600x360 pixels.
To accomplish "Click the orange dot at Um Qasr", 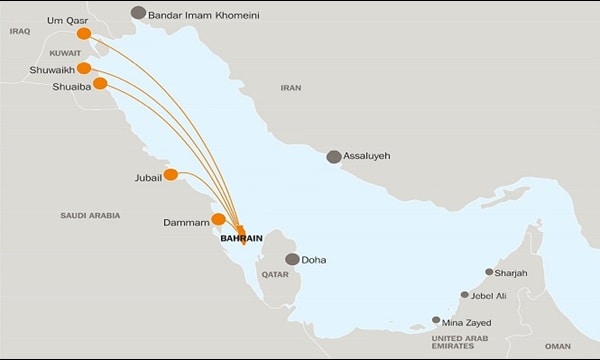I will pos(85,34).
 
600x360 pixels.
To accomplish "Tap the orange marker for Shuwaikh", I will pos(85,68).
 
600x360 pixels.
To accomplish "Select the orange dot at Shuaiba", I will pos(100,84).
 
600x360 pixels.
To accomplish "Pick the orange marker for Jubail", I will pos(171,175).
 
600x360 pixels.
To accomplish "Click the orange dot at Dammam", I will pos(218,219).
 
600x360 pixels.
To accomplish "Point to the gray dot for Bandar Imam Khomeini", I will pos(138,13).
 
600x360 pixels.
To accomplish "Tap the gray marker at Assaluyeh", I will pos(334,156).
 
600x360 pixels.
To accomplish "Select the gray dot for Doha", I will pos(292,259).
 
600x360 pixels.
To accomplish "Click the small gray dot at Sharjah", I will pos(489,272).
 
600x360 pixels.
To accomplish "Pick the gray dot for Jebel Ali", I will pos(464,295).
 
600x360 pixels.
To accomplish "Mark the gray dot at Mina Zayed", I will pos(435,320).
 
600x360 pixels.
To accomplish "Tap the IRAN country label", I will pos(291,88).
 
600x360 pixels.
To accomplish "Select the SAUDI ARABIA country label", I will pos(89,215).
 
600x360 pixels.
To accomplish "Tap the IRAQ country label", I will pos(20,31).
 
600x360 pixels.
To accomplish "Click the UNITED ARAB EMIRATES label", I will pos(467,343).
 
